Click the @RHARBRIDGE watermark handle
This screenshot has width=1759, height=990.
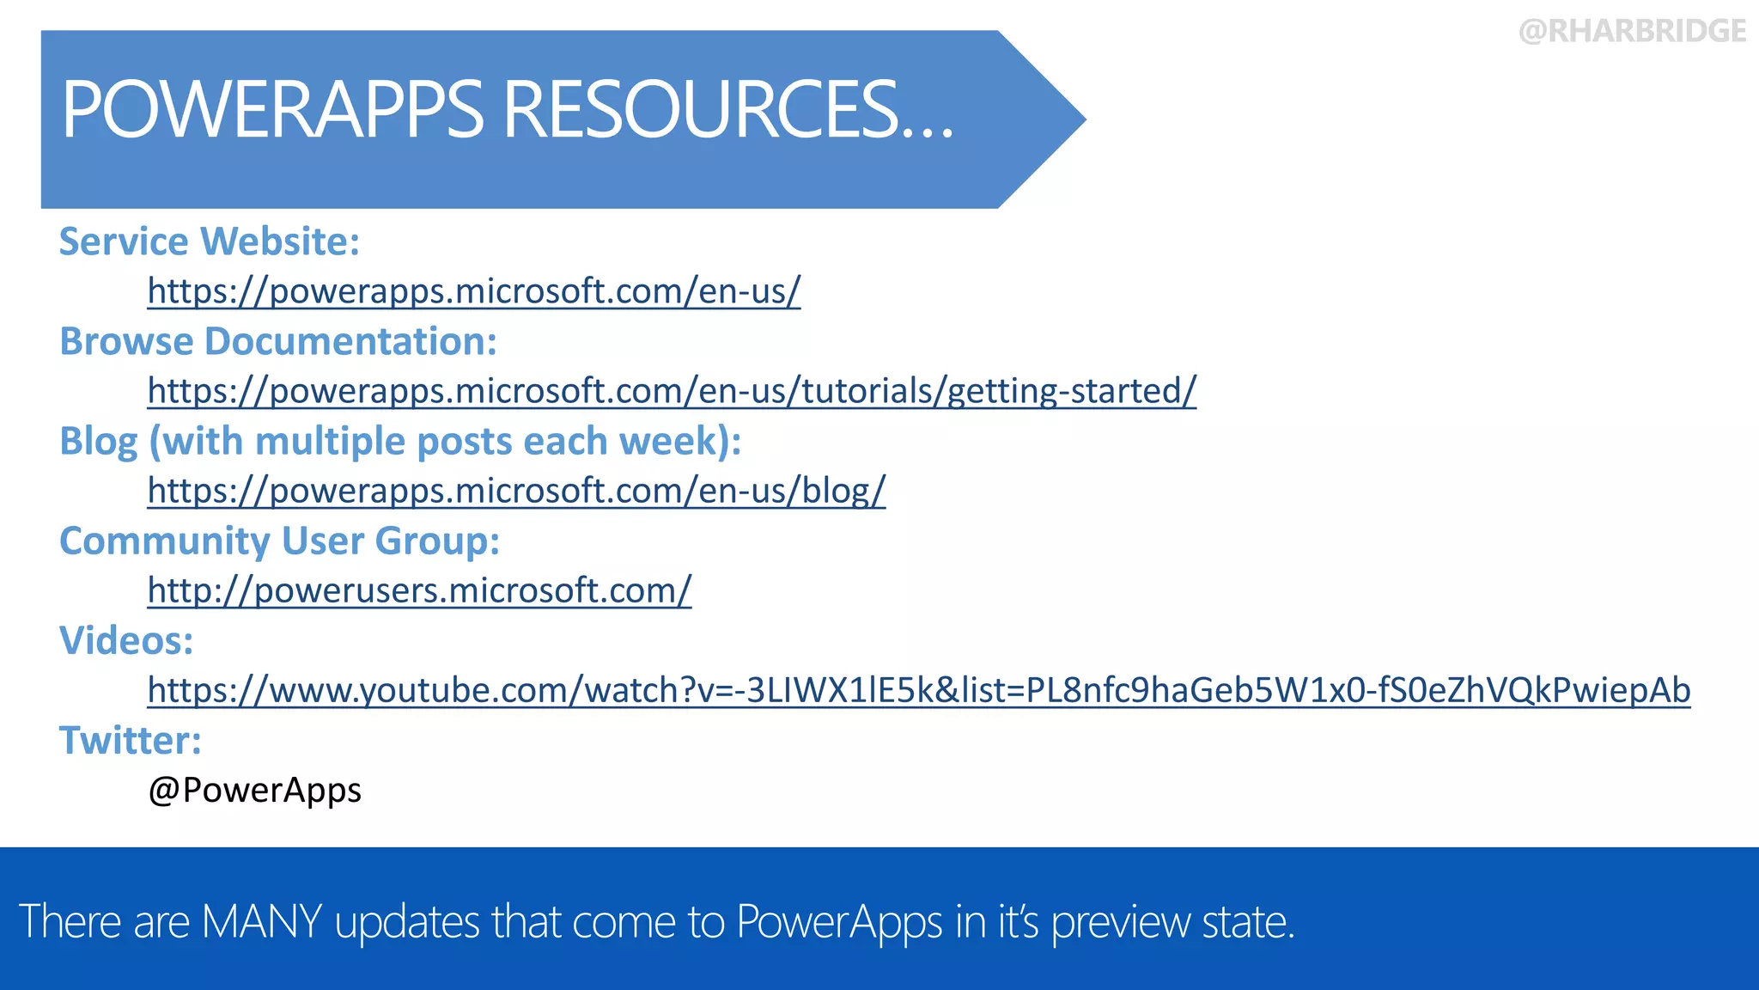1632,32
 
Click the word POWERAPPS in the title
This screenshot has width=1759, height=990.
273,109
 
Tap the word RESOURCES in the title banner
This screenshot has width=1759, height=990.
700,109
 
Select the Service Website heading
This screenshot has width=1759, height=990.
209,241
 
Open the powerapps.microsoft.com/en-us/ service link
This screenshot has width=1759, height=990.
473,291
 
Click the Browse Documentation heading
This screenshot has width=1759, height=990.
277,341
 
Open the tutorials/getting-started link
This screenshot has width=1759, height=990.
671,391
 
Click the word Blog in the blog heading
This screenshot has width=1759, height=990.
98,442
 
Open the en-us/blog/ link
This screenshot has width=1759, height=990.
515,491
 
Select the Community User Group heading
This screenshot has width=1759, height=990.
279,541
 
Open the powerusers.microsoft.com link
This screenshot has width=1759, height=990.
419,590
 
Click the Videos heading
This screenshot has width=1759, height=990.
126,641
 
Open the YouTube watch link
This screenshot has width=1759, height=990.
918,690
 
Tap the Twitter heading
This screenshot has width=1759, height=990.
130,741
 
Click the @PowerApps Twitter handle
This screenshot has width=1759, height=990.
254,790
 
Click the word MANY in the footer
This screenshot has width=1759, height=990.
261,921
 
